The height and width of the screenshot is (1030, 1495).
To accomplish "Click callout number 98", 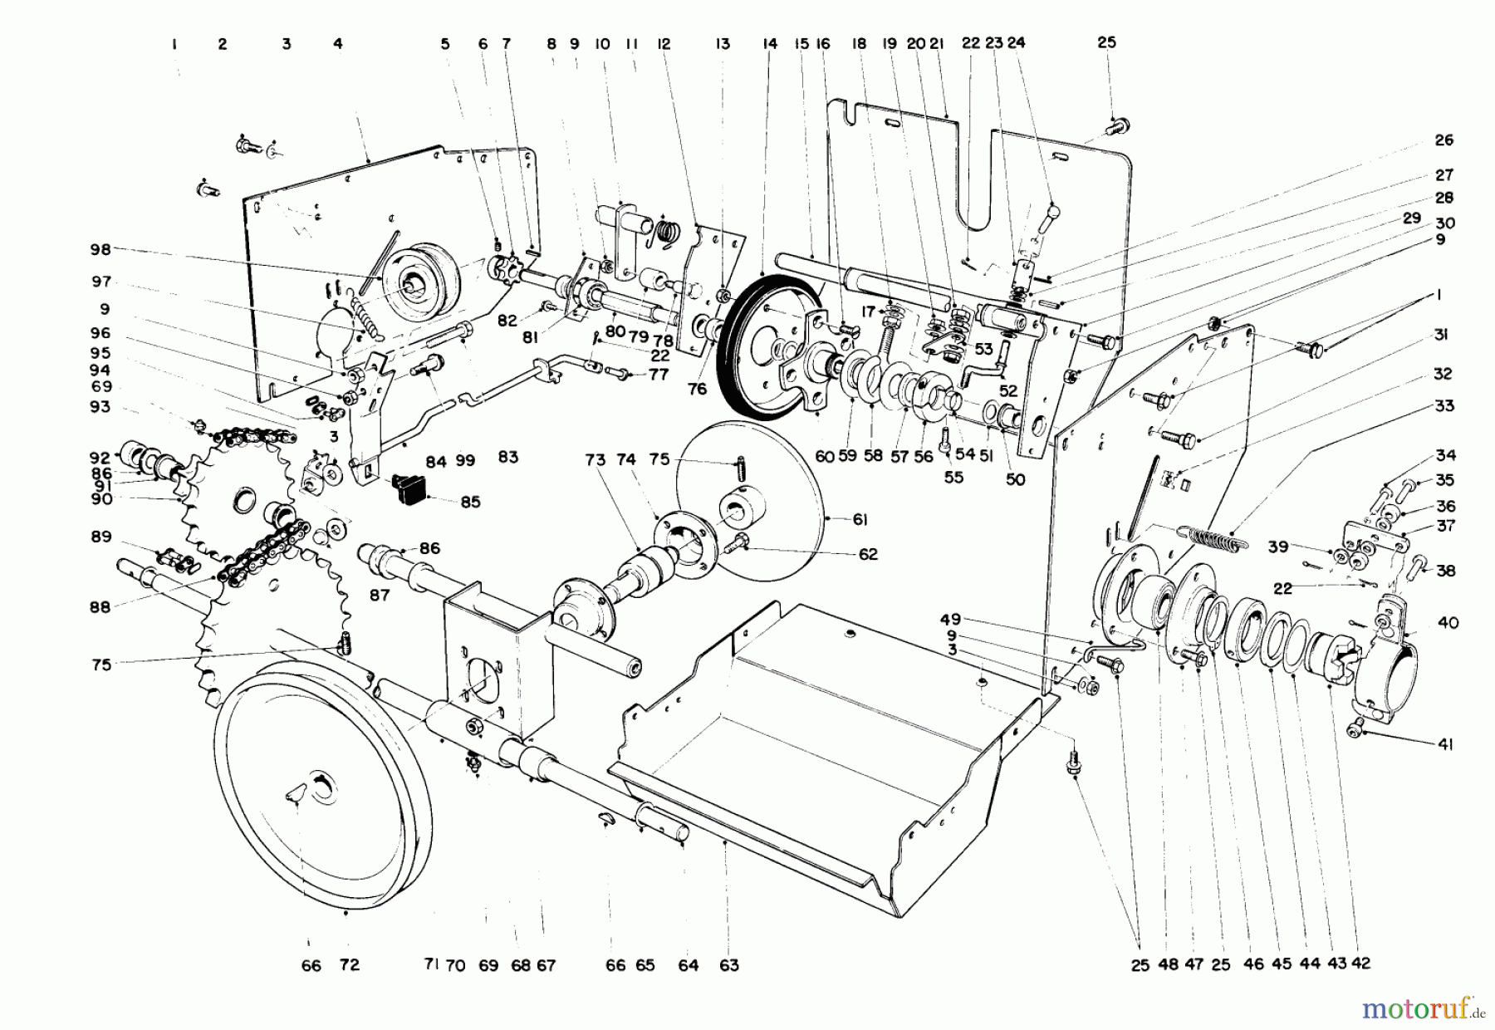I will (100, 249).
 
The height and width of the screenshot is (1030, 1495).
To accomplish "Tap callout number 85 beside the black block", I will (470, 503).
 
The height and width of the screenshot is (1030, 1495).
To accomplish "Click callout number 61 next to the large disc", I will (860, 520).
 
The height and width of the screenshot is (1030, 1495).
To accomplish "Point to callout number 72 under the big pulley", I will (350, 965).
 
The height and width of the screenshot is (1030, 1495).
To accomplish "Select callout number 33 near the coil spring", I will (1444, 405).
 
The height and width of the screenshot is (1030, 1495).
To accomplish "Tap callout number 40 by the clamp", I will (1448, 623).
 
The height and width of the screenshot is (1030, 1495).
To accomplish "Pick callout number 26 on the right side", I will (1444, 140).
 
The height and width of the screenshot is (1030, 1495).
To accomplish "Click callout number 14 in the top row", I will (770, 43).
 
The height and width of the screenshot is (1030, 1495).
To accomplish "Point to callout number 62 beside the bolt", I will (868, 554).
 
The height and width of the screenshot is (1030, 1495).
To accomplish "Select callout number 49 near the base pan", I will (950, 619).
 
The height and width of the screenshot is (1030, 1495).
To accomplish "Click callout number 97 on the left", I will (101, 282).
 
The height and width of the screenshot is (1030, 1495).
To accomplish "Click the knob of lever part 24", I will (1053, 208).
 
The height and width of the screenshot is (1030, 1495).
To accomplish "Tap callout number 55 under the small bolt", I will (953, 478).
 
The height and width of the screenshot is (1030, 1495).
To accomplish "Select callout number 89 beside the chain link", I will (100, 537).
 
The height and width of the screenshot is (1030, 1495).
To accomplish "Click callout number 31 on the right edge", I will (1441, 335).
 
